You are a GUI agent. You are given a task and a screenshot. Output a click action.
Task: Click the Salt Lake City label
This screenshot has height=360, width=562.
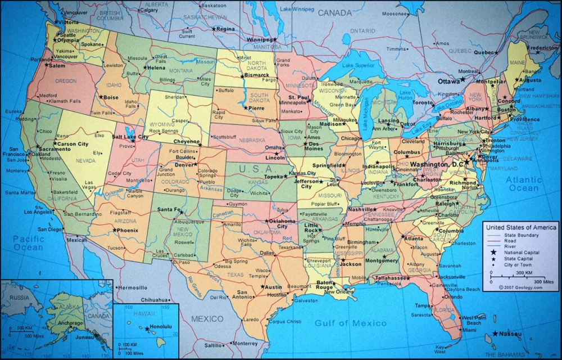130,137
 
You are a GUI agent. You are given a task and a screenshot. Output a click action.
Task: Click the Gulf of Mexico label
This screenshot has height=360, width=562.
351,323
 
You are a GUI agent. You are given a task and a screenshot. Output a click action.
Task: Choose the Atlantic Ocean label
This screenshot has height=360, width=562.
523,184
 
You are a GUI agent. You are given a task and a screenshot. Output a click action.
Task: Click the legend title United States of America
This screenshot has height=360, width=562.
521,227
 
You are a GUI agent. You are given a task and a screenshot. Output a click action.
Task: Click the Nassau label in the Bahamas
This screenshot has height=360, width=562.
510,334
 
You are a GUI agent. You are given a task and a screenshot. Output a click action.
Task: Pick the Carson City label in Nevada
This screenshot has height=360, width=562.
74,144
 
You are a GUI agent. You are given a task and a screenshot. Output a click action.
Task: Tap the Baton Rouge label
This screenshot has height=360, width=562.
325,285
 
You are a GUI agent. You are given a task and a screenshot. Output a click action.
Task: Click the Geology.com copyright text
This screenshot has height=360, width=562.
520,287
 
